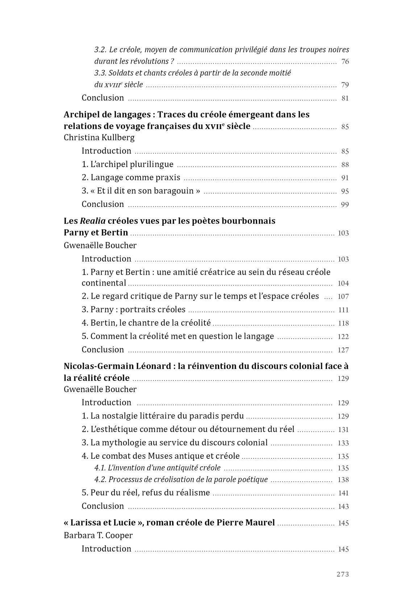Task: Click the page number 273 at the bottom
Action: tap(342, 574)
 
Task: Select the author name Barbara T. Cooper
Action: tap(98, 535)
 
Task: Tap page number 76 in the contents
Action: tap(345, 62)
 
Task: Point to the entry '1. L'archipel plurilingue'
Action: tap(127, 164)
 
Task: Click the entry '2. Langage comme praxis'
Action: tap(131, 178)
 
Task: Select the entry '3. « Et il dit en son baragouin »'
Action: tap(141, 191)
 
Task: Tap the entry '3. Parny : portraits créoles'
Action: tap(133, 309)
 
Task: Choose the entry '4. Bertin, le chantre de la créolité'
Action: tap(146, 323)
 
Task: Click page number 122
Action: tap(343, 337)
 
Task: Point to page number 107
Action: tap(343, 296)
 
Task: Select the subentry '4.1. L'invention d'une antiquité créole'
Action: tap(157, 468)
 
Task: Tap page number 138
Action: tap(343, 480)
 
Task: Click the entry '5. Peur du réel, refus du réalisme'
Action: tap(146, 493)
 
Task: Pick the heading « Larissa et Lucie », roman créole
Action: tap(169, 523)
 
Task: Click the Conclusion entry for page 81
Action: tap(103, 98)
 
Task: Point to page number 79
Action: tap(345, 85)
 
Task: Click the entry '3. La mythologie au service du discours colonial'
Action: tap(175, 443)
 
